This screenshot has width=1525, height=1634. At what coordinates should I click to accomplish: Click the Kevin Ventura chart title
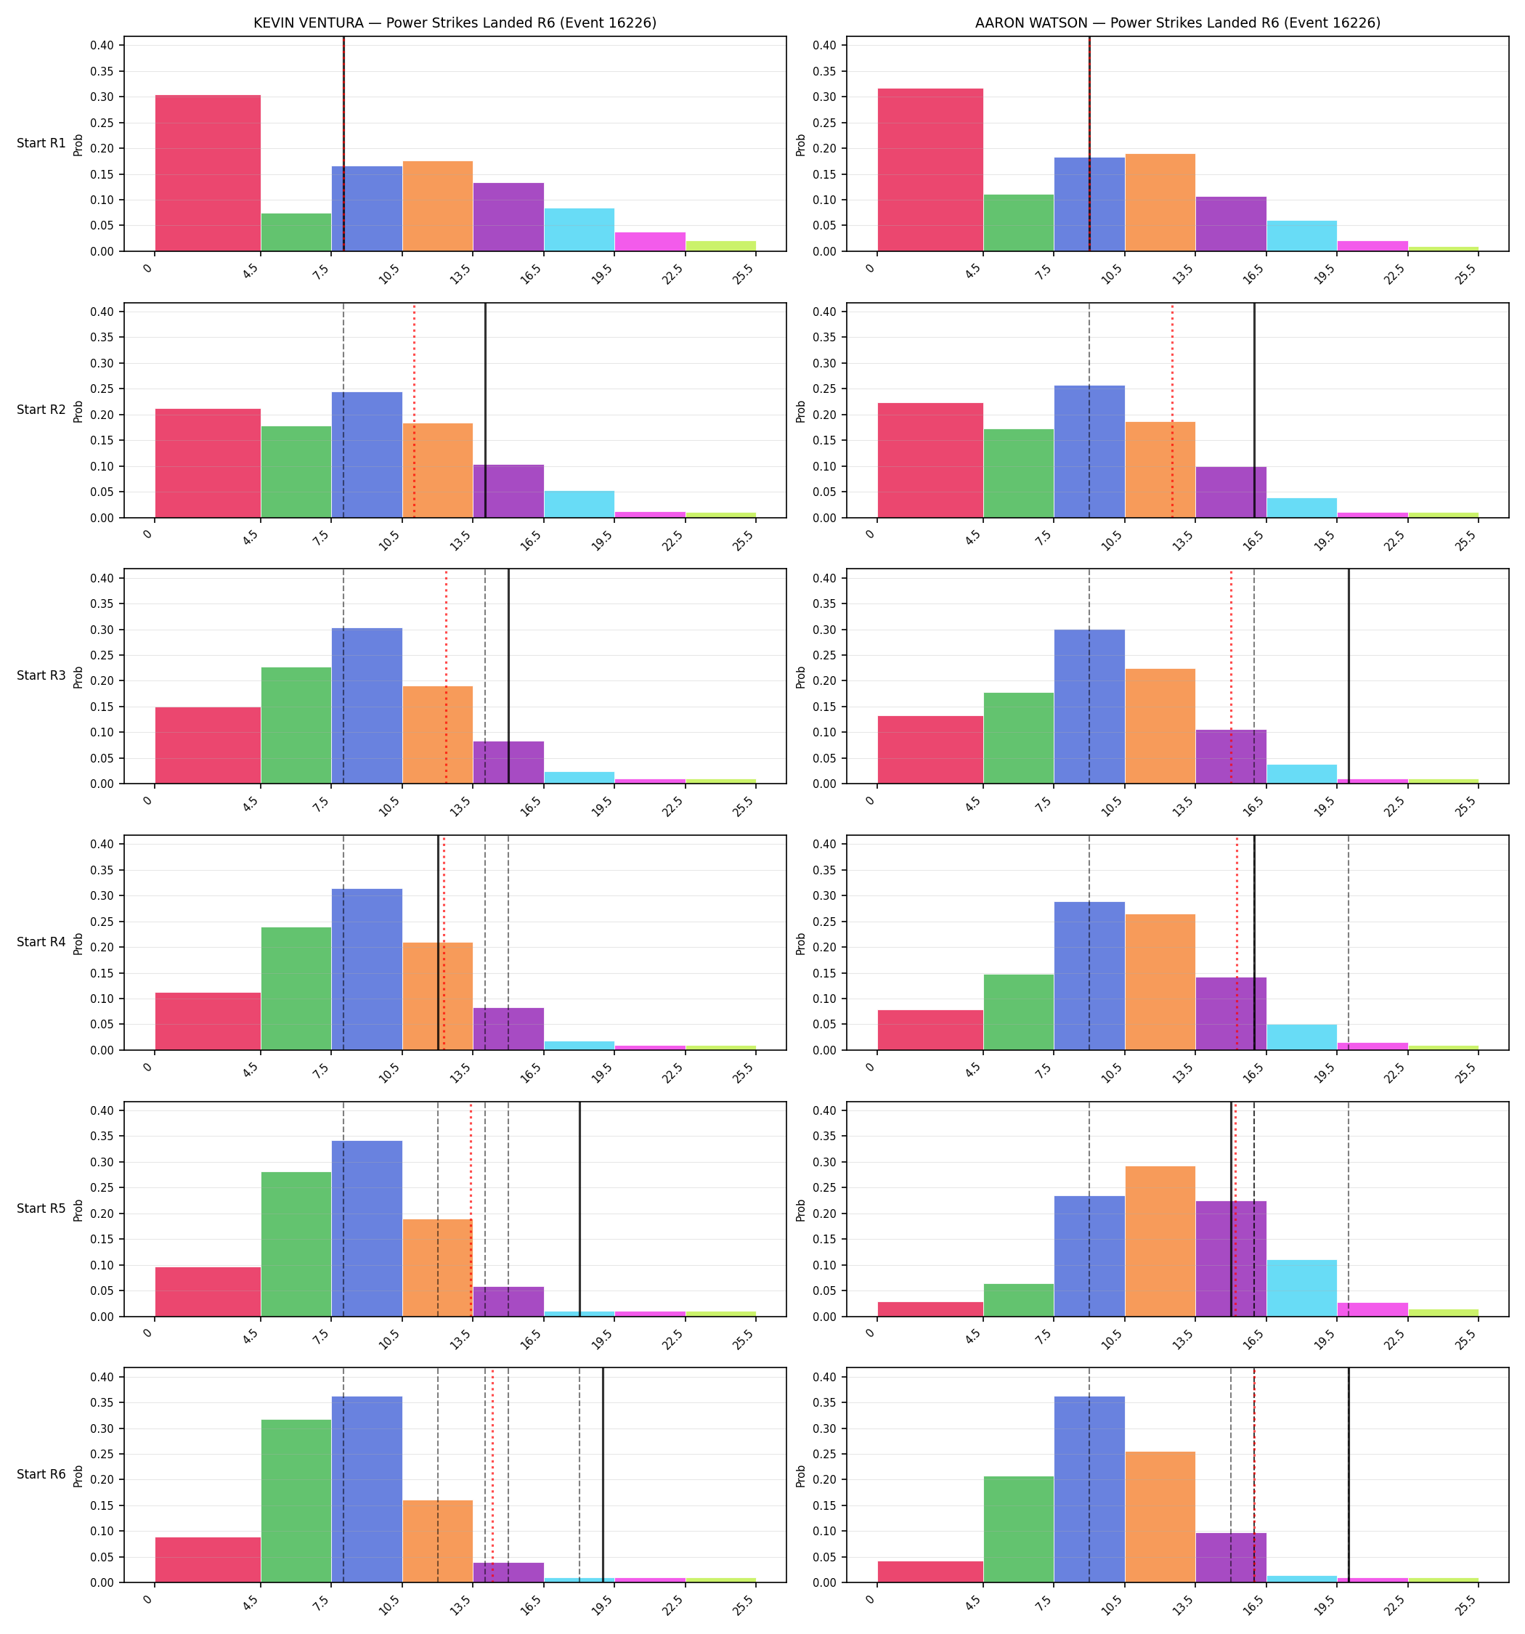coord(455,23)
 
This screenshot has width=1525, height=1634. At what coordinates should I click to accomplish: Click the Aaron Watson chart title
coord(1177,23)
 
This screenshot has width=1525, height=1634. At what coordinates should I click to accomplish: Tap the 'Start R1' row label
coord(41,143)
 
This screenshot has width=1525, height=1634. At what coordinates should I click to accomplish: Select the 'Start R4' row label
coord(41,942)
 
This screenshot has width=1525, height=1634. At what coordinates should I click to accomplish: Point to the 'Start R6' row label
coord(41,1474)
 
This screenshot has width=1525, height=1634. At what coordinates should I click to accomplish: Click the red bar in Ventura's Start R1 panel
coord(208,174)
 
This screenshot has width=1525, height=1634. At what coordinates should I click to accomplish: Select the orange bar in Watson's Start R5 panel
coord(1160,1241)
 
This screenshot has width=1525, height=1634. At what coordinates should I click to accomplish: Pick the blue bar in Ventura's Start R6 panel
coord(367,1489)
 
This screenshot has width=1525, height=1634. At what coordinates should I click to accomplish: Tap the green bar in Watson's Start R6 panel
coord(1019,1529)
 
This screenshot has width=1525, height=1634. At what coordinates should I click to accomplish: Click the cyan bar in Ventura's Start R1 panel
coord(579,229)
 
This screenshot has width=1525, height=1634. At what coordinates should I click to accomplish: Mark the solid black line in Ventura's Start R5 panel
coord(579,1209)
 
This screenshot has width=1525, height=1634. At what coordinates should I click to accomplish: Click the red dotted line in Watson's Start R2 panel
coord(1172,411)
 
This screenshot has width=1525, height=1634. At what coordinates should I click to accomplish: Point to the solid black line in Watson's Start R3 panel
coord(1349,676)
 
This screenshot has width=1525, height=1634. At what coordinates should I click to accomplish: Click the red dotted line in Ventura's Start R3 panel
coord(446,676)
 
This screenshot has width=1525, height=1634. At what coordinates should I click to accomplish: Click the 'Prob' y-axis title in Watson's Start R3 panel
coord(801,676)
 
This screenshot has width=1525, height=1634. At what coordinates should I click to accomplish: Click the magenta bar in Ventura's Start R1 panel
coord(649,242)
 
